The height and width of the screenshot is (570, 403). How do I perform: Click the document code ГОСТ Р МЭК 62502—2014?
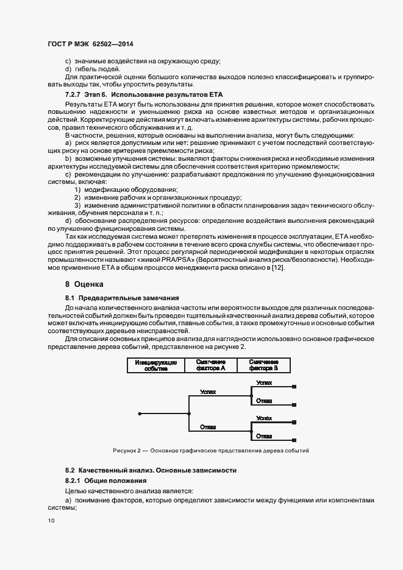pyautogui.click(x=90, y=44)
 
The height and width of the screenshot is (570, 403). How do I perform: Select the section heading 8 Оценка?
pyautogui.click(x=85, y=284)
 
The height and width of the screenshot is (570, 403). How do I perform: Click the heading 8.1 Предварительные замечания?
pyautogui.click(x=122, y=298)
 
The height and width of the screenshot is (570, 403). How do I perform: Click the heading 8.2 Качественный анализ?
pyautogui.click(x=146, y=470)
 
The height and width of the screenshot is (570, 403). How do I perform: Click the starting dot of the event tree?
pyautogui.click(x=140, y=413)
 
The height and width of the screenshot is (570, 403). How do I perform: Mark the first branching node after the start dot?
pyautogui.click(x=189, y=413)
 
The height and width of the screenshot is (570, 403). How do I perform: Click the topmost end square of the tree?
pyautogui.click(x=295, y=387)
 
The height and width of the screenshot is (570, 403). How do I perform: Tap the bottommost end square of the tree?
pyautogui.click(x=295, y=440)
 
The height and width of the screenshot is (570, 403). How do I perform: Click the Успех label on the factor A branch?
pyautogui.click(x=208, y=392)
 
